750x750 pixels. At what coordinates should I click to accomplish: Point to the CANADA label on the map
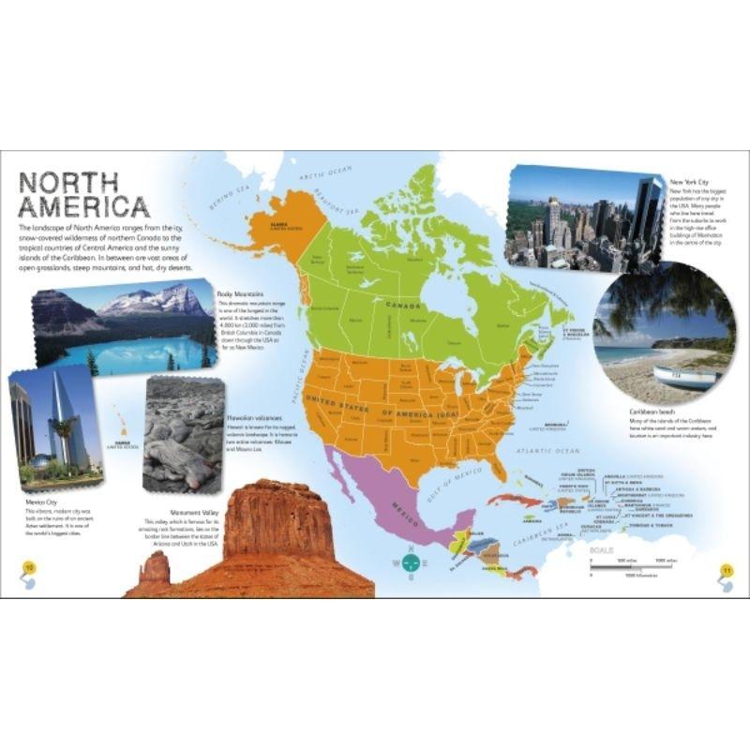pos(404,306)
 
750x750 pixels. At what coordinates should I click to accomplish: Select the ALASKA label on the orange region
pos(281,226)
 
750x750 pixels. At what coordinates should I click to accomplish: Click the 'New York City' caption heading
pos(689,182)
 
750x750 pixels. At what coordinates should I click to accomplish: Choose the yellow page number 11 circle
pos(725,569)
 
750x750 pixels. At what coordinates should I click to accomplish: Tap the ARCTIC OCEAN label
pos(324,173)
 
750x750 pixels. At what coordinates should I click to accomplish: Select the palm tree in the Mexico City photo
pos(64,432)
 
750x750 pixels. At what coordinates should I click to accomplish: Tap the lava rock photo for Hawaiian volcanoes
pos(183,434)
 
